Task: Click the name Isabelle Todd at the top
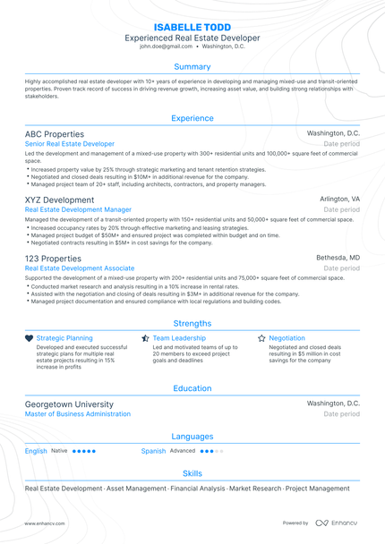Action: pos(192,28)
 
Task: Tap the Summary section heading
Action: pos(192,67)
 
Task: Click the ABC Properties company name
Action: pos(56,133)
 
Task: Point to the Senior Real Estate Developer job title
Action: pos(70,143)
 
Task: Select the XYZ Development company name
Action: pos(59,200)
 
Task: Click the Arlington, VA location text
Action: pos(339,200)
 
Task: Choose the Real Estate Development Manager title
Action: pos(78,209)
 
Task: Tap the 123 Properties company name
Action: pos(53,258)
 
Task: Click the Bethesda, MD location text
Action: pos(338,258)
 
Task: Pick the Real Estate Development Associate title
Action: pos(80,268)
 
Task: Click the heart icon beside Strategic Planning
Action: pos(30,338)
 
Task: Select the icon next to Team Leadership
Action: pos(145,338)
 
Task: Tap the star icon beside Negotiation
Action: pos(261,338)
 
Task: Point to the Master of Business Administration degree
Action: pos(78,414)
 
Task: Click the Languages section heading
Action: pos(192,437)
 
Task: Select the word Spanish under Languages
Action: pos(153,451)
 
